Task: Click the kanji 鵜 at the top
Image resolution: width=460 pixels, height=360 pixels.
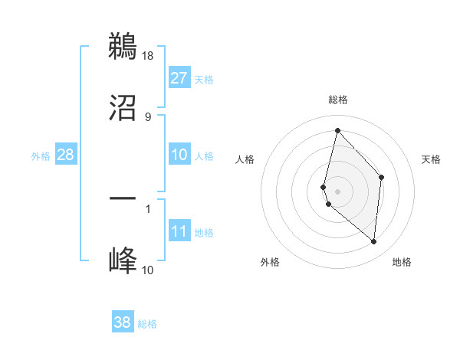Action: [123, 47]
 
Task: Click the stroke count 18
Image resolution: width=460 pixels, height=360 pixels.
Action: [148, 56]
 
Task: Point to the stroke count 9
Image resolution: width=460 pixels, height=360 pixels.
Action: [148, 116]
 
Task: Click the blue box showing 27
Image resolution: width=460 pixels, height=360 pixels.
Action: [179, 78]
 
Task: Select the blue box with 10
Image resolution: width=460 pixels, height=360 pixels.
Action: [179, 155]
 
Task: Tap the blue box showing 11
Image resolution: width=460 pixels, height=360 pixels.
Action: [179, 231]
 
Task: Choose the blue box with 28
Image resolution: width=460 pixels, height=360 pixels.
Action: [66, 155]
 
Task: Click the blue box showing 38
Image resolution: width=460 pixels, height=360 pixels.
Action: [123, 323]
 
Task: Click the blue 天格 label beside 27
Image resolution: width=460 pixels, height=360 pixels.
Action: [204, 80]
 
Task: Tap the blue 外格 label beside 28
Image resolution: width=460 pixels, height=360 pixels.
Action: [41, 156]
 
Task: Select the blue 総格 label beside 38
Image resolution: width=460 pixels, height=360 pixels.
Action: [147, 325]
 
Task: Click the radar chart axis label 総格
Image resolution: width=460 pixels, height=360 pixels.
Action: [338, 100]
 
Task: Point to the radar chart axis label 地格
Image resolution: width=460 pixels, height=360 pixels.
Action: [402, 263]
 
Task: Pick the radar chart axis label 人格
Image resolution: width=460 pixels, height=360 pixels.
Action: [245, 159]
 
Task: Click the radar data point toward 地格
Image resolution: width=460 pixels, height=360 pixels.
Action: [374, 242]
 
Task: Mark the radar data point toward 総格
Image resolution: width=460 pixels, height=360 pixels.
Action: [337, 130]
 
